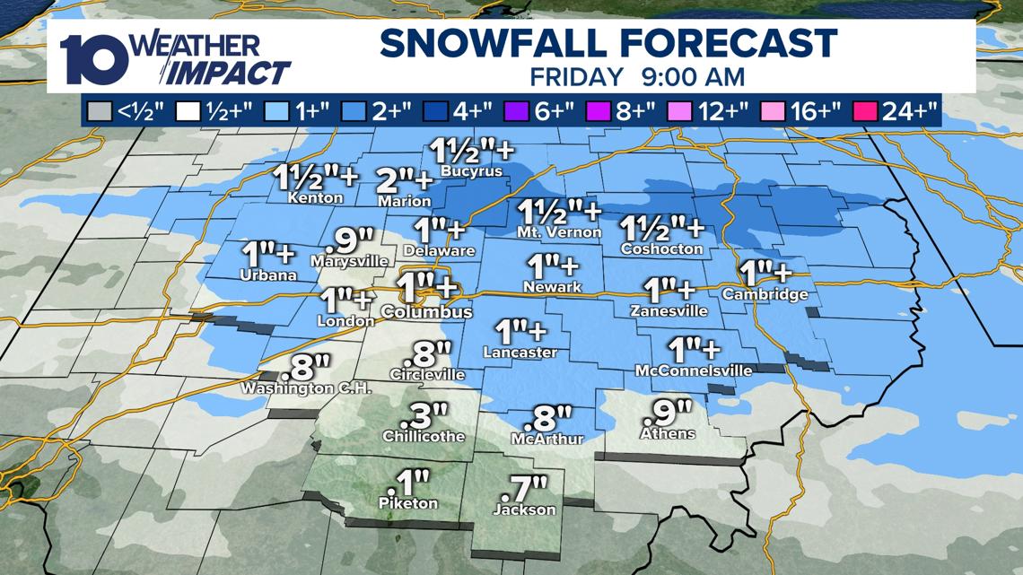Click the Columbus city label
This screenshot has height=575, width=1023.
tap(426, 312)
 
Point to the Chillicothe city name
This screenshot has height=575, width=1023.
tap(424, 436)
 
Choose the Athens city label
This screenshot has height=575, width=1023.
tap(668, 434)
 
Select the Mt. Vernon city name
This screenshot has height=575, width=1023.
tap(560, 232)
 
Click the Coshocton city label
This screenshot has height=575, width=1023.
tap(661, 248)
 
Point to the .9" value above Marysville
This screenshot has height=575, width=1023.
tap(349, 240)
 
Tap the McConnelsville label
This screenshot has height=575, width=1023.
tap(694, 370)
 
